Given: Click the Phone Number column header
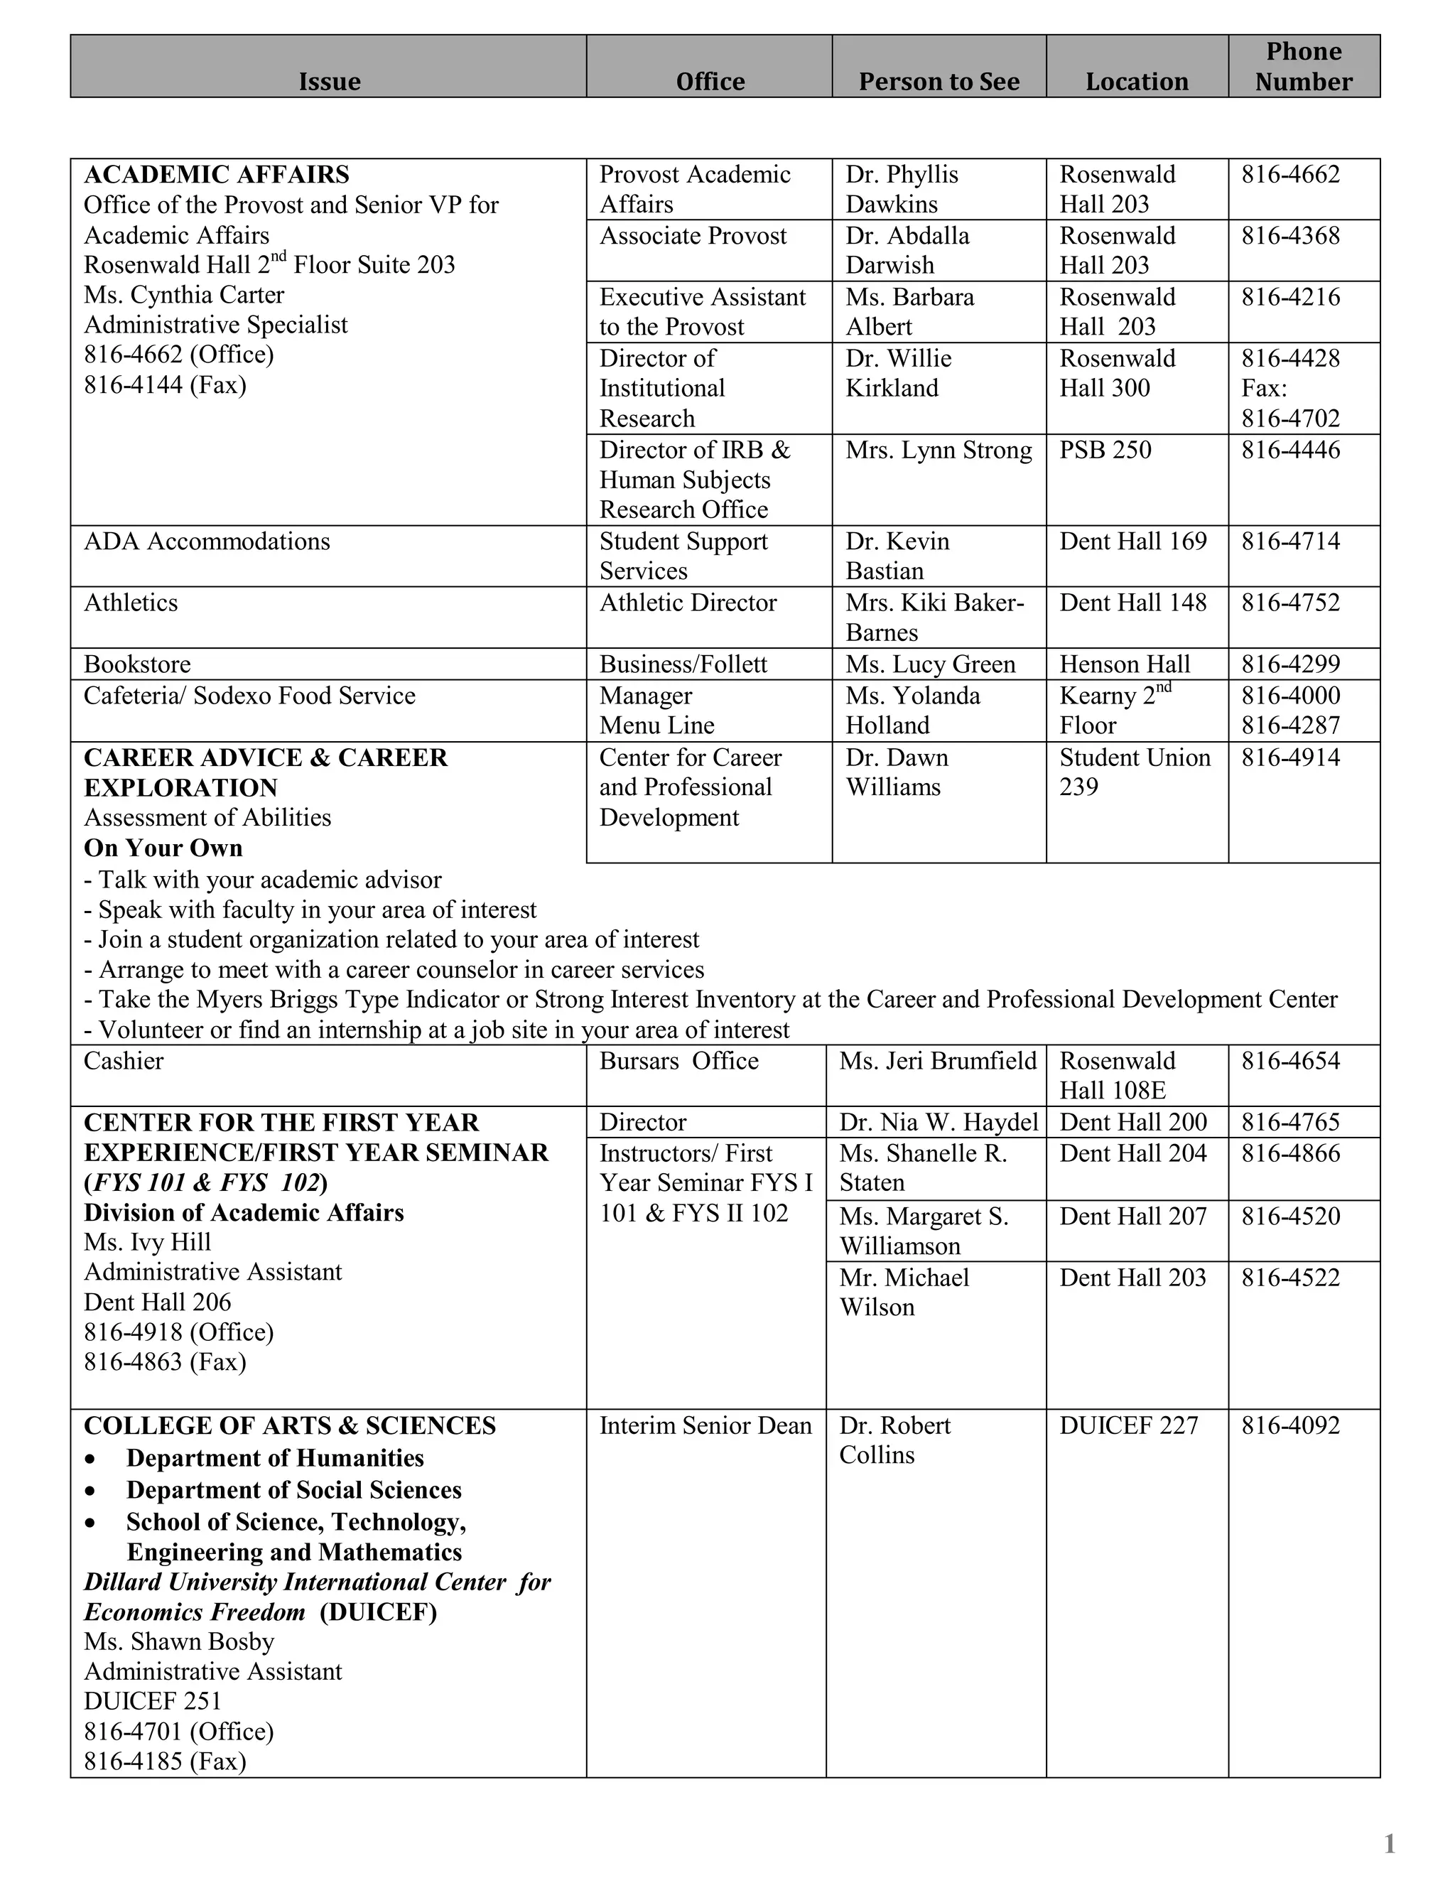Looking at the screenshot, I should pos(1302,66).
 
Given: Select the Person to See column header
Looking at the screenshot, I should pos(938,81).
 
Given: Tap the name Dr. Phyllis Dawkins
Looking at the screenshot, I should pos(901,189).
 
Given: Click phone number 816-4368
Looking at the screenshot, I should pos(1289,235).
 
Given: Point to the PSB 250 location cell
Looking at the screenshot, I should pos(1104,450).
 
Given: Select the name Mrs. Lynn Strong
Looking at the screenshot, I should pos(938,450).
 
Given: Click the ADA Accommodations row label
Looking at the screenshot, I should pos(207,541).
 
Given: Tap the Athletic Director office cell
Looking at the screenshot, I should pos(688,603).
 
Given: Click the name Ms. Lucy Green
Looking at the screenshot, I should pos(930,664).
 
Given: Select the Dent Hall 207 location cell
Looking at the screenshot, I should pos(1132,1216).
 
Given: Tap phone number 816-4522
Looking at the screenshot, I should pos(1289,1278).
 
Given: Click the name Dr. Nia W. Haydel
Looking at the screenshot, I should pos(938,1122).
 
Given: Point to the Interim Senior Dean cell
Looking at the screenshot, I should pos(705,1425).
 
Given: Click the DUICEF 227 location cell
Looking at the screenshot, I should pos(1128,1425).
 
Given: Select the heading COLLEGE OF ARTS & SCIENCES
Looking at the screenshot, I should pos(290,1425).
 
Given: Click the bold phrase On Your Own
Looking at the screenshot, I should pos(163,848).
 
